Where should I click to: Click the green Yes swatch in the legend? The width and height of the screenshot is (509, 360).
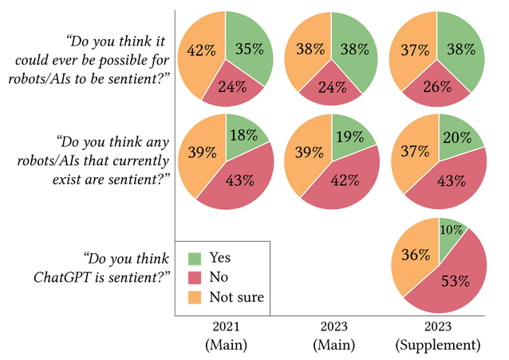(195, 259)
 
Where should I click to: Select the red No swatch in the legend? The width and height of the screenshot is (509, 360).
(195, 278)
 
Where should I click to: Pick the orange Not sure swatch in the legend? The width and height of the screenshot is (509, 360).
(195, 297)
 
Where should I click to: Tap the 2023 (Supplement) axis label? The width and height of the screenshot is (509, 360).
(438, 336)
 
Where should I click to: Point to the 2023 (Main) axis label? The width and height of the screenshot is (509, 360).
(331, 336)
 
